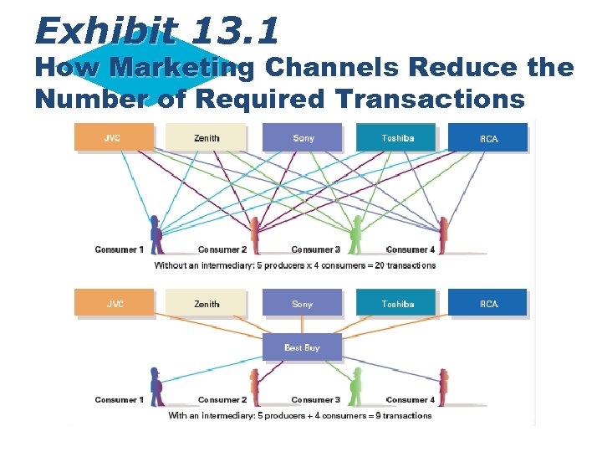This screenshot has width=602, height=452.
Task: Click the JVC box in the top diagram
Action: coord(114,137)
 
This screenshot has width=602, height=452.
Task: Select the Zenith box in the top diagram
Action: coord(206,137)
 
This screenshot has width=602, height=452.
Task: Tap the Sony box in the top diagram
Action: coord(303,137)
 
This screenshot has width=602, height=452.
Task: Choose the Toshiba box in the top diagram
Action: coord(396,137)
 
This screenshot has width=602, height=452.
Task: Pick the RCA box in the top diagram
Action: coord(488,137)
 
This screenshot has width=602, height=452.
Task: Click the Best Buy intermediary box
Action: coord(302,347)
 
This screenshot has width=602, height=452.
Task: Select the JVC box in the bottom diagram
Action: coord(114,303)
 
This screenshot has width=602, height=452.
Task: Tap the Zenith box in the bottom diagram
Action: coord(206,303)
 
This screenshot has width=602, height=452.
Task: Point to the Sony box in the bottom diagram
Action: coord(303,303)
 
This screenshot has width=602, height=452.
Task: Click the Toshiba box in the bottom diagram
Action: coord(396,303)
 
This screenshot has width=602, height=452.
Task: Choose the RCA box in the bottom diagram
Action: coord(488,303)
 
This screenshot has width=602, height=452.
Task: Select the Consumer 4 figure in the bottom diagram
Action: coord(444,382)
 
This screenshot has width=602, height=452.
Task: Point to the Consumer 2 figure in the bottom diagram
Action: coord(255,382)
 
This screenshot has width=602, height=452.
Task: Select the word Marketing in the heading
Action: coord(183,68)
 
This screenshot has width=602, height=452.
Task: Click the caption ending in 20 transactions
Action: coord(295,265)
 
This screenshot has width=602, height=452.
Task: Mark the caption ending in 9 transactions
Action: coord(300,415)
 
